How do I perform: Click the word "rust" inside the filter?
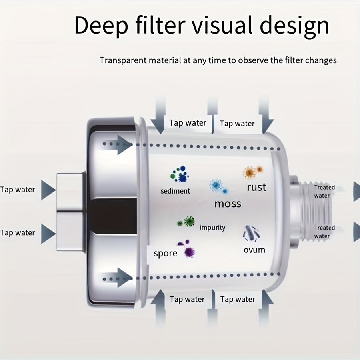(x=256, y=187)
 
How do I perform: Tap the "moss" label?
(x=228, y=204)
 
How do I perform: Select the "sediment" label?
(x=175, y=191)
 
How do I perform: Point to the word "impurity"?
(x=212, y=228)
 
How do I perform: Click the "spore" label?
(x=165, y=253)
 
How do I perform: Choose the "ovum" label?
(x=254, y=250)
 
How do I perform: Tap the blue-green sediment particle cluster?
(x=180, y=174)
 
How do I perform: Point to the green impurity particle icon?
(x=187, y=221)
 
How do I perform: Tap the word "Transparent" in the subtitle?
(x=124, y=60)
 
